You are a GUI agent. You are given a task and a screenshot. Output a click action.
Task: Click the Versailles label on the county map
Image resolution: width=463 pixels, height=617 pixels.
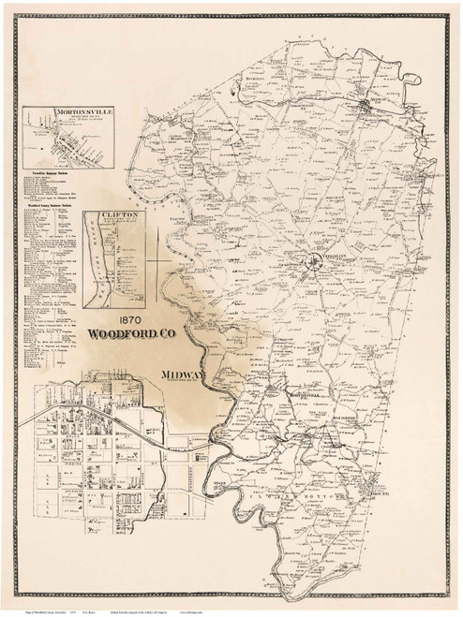tap(322, 254)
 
